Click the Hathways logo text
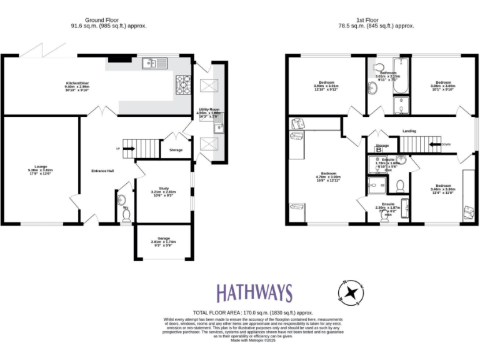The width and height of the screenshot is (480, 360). click(254, 292)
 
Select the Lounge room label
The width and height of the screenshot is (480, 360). click(40, 169)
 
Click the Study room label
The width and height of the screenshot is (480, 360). click(164, 192)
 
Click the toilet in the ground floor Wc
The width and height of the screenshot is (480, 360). click(126, 216)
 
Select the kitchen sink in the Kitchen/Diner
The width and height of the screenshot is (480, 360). click(152, 62)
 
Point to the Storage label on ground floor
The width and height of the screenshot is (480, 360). click(176, 149)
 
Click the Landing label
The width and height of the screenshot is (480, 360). click(409, 131)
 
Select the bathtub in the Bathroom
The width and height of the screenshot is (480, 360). click(401, 77)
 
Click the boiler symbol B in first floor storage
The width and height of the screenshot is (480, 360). click(379, 150)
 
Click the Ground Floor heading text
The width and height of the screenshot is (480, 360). click(102, 20)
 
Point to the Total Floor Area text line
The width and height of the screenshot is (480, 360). click(253, 312)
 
